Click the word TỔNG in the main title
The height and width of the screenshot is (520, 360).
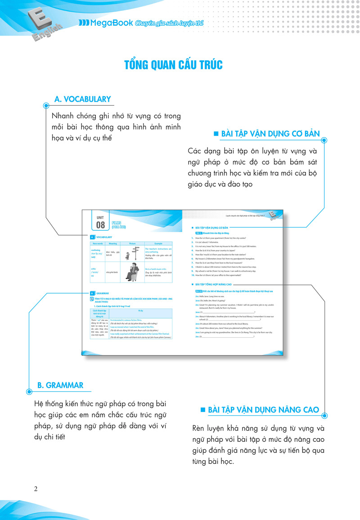(138, 64)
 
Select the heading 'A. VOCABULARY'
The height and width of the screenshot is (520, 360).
(82, 99)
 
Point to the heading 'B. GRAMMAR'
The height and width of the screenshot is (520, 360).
(60, 385)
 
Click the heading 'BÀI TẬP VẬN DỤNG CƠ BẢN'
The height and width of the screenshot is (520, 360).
(270, 134)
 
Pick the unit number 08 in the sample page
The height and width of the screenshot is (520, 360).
(100, 224)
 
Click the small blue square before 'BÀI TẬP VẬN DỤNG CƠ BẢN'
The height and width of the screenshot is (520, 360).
(216, 134)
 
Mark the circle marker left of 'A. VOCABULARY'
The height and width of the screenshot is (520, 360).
(46, 106)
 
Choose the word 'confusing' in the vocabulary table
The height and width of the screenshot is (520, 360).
(96, 250)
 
